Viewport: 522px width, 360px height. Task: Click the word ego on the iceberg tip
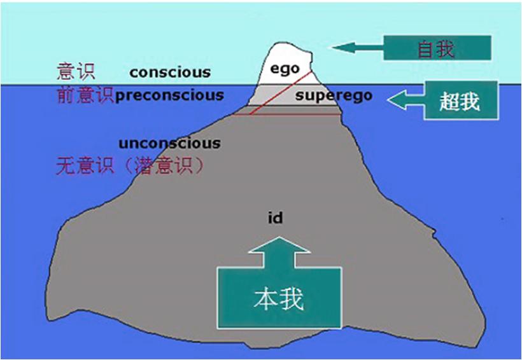click(285, 69)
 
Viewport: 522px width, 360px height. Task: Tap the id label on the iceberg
click(275, 219)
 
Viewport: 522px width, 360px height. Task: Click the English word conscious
click(170, 72)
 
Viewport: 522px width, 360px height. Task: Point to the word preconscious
click(170, 95)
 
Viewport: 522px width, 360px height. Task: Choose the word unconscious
click(169, 143)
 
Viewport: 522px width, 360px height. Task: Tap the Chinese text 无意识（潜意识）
click(130, 167)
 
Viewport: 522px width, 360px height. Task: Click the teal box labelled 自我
click(437, 48)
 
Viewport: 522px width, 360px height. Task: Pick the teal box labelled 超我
click(458, 99)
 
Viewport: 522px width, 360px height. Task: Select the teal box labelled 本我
click(279, 298)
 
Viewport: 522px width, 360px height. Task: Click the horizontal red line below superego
click(286, 114)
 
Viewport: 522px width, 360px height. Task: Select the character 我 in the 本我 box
click(292, 298)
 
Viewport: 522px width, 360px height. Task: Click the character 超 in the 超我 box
click(449, 100)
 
